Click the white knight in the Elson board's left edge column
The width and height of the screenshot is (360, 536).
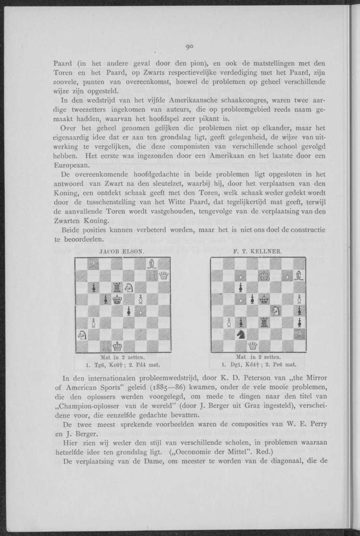tap(82, 334)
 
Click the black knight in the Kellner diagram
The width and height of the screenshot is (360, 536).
tap(240, 334)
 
